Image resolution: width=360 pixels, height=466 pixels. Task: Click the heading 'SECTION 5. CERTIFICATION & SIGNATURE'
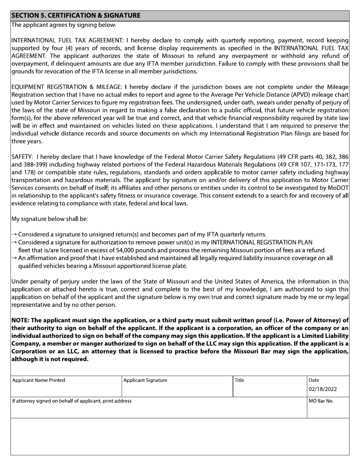point(76,16)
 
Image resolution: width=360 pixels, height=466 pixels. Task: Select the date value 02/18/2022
point(322,389)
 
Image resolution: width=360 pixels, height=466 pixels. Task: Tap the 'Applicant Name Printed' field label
point(39,380)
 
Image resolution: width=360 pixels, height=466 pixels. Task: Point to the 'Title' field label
point(239,380)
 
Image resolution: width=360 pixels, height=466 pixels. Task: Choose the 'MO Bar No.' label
point(321,401)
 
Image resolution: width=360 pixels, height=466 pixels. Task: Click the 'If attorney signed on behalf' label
point(72,401)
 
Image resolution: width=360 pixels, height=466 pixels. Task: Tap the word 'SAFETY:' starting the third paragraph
point(23,156)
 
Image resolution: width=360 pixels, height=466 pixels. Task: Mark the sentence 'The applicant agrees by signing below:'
point(64,25)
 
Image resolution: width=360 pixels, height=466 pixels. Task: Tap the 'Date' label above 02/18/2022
point(314,380)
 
